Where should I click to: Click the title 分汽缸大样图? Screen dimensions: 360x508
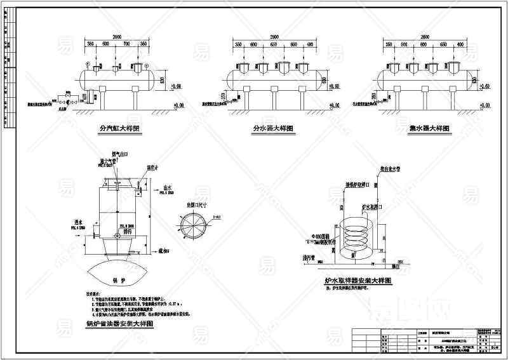(119, 128)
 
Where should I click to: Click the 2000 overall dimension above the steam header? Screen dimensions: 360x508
(116, 37)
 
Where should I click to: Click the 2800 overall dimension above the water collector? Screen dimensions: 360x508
(426, 37)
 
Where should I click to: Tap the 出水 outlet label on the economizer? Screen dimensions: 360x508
(168, 187)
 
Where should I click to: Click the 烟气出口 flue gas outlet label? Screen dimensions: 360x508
(119, 153)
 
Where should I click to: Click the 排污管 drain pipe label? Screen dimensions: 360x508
(309, 258)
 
